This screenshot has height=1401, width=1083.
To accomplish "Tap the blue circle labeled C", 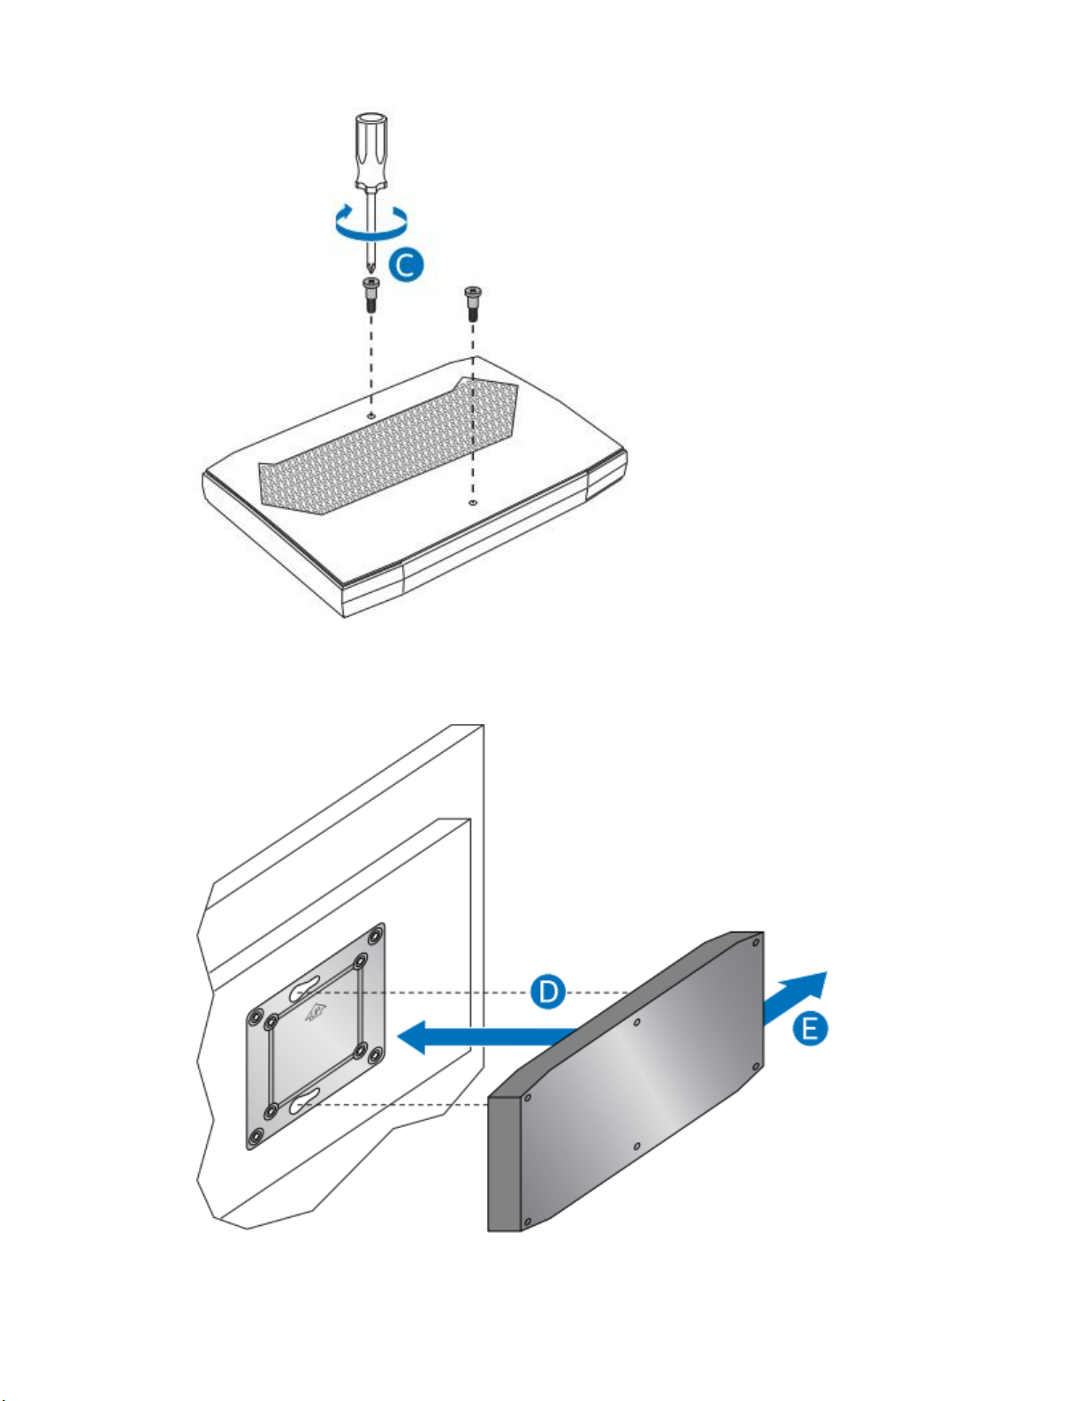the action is pos(406,265).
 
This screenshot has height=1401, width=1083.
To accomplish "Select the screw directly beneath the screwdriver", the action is pos(371,293).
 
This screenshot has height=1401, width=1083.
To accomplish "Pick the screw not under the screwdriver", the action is pos(473,303).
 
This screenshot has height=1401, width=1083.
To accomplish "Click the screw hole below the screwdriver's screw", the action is pos(371,413).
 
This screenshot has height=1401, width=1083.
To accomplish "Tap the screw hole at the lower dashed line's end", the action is pos(473,501).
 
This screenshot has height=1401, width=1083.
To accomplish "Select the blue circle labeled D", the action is pos(548,991).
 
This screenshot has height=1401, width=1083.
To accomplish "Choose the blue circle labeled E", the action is pos(809,1028).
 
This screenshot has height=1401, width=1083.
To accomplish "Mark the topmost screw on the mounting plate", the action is pos(378,933).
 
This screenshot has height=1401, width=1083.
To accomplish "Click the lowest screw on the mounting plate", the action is pos(256,1138).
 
